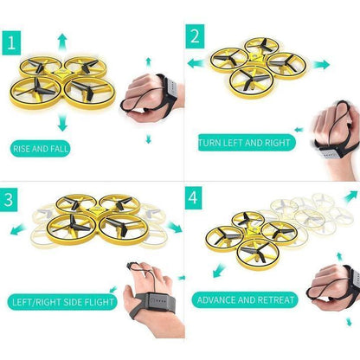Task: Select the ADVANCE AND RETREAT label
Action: pyautogui.click(x=247, y=300)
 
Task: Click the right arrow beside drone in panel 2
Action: pyautogui.click(x=322, y=65)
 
